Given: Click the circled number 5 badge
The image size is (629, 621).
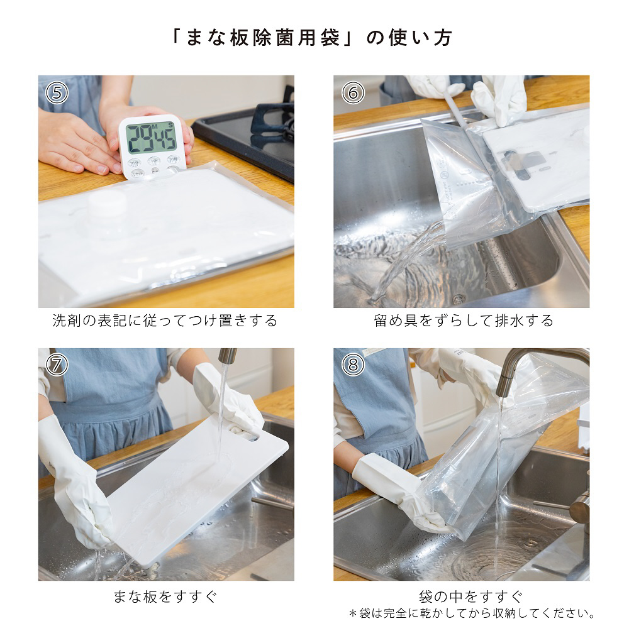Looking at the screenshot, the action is (57, 92).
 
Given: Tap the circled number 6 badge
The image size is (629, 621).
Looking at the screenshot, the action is (353, 92).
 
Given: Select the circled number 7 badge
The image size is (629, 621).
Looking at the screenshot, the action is (57, 365).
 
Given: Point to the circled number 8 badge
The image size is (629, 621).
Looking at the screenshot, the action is (353, 365).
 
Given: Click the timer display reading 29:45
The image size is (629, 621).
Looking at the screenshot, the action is (151, 138).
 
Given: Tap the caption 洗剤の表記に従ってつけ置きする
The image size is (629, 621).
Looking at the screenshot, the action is (165, 321).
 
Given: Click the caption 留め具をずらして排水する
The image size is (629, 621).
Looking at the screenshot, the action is (464, 321).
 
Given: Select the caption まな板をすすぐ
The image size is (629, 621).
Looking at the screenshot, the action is (165, 596).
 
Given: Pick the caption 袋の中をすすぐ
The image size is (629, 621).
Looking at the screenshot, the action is (471, 596).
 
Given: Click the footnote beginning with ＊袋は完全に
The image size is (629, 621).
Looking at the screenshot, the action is (471, 613).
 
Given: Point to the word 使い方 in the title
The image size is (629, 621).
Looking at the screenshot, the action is (420, 38).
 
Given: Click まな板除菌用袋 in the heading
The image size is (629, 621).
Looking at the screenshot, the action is (263, 38).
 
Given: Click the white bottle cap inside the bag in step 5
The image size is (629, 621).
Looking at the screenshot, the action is (107, 202).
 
